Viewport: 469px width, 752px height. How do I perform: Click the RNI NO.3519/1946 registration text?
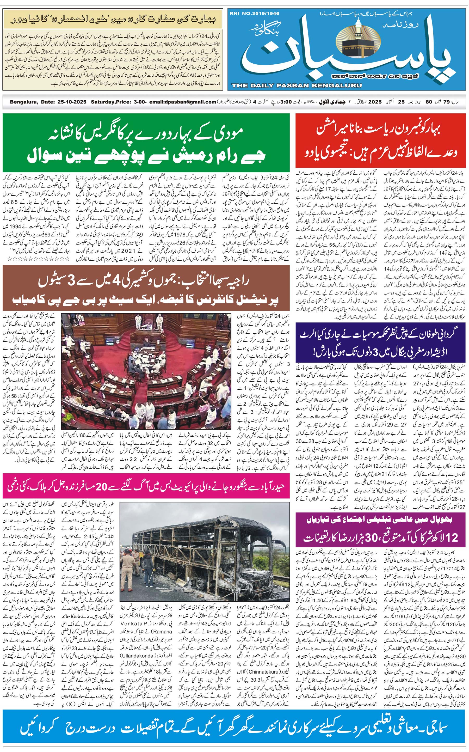coord(254,13)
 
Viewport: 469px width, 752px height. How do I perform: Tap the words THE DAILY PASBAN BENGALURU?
coord(297,85)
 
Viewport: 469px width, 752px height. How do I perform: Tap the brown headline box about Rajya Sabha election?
coord(146,291)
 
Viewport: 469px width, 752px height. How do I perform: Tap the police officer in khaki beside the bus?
coord(128,568)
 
